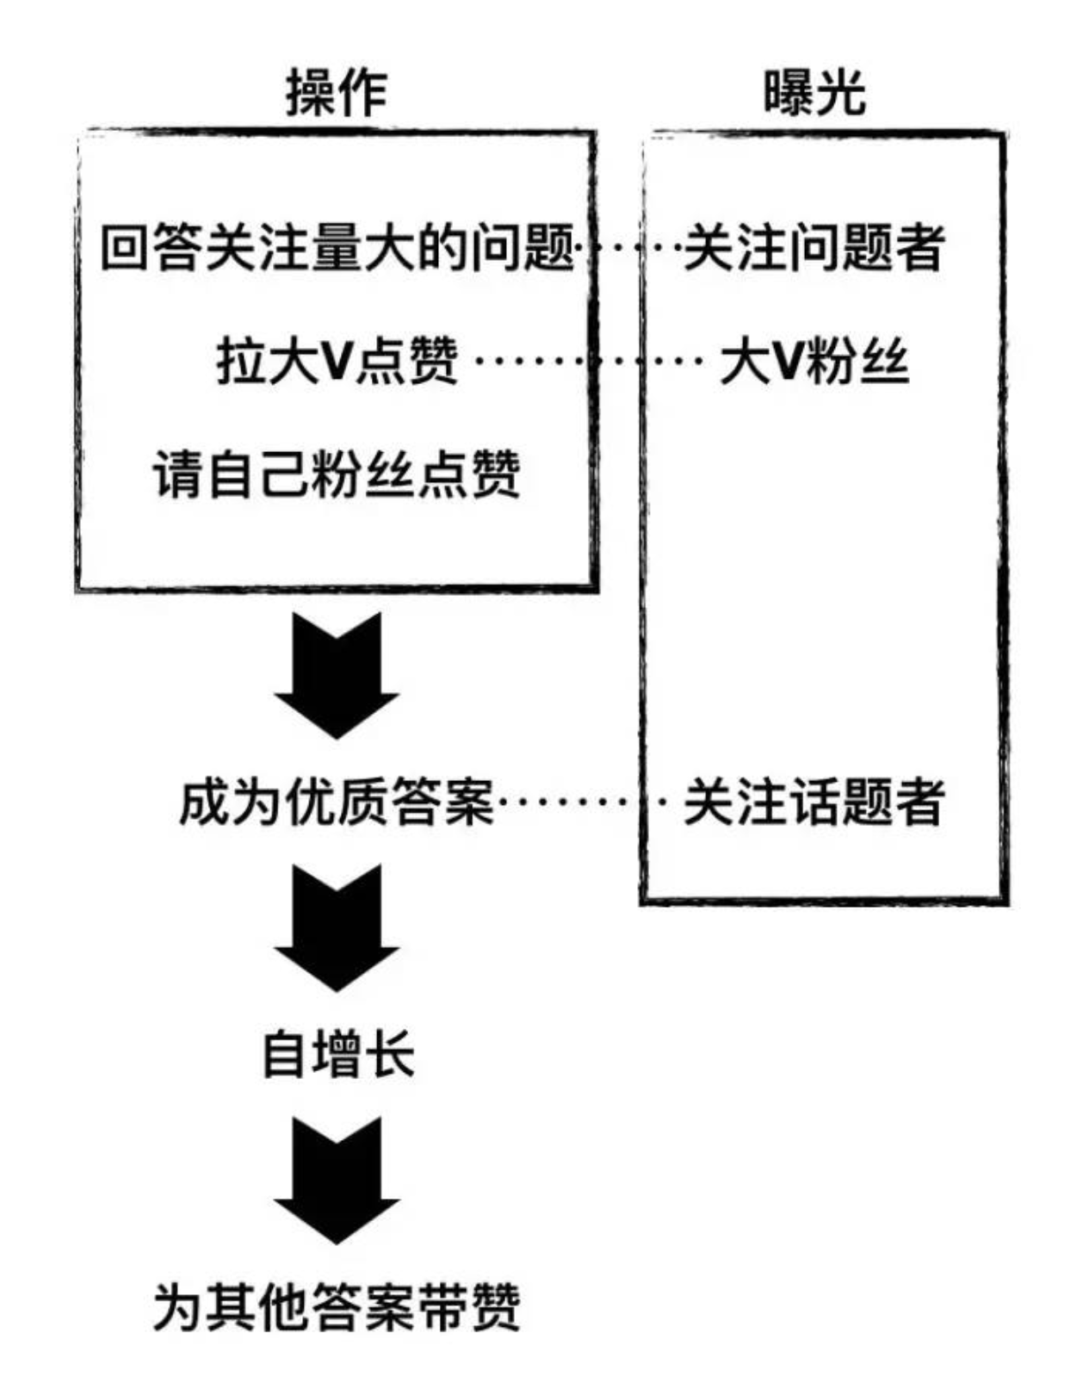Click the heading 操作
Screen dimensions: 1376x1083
pyautogui.click(x=337, y=92)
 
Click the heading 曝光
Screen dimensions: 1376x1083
pyautogui.click(x=814, y=92)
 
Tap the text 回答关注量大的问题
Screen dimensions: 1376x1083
pyautogui.click(x=337, y=248)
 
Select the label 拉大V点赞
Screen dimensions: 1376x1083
pyautogui.click(x=337, y=362)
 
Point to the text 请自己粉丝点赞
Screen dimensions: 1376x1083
pyautogui.click(x=337, y=474)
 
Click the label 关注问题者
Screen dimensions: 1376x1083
pyautogui.click(x=814, y=248)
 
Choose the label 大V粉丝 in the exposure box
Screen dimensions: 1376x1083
pyautogui.click(x=814, y=362)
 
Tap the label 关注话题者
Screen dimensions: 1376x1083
pyautogui.click(x=814, y=802)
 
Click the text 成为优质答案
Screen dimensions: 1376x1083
pyautogui.click(x=337, y=802)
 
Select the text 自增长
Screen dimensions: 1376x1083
pyautogui.click(x=337, y=1054)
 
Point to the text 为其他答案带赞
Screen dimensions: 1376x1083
pyautogui.click(x=337, y=1307)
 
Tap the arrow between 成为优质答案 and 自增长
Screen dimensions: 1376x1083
pyautogui.click(x=337, y=927)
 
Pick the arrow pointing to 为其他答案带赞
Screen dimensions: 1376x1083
pyautogui.click(x=337, y=1180)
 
